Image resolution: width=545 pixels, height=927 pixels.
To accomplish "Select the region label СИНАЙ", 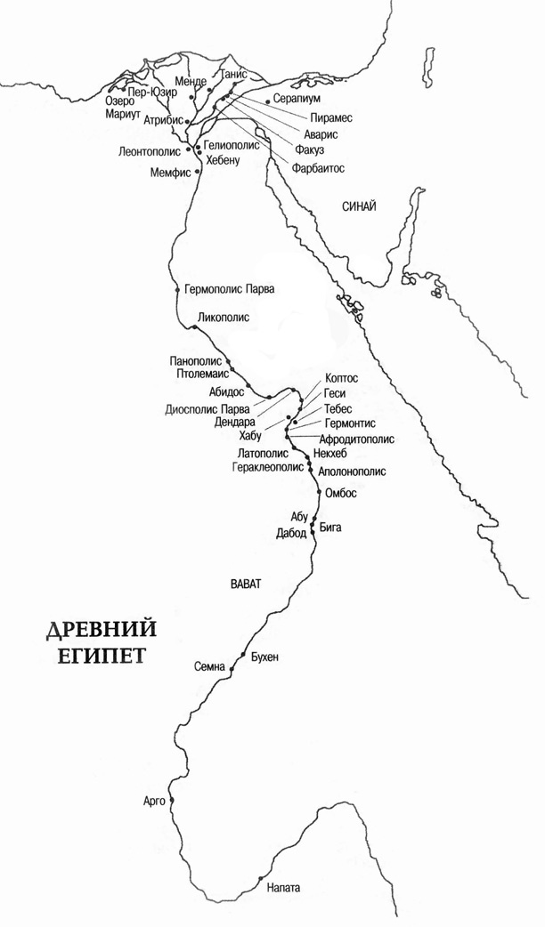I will pyautogui.click(x=359, y=206).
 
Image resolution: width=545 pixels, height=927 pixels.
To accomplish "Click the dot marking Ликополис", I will pyautogui.click(x=194, y=328).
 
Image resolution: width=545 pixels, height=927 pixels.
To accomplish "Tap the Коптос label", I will pyautogui.click(x=341, y=377).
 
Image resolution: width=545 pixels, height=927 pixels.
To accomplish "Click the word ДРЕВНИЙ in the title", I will pyautogui.click(x=101, y=631).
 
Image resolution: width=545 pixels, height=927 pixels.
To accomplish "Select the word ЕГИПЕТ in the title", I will pyautogui.click(x=96, y=657).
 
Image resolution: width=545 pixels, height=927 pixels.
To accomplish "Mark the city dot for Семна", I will pyautogui.click(x=232, y=667).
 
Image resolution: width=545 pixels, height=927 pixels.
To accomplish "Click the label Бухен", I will pyautogui.click(x=265, y=657).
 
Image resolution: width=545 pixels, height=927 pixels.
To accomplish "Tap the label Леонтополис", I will pyautogui.click(x=151, y=152).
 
